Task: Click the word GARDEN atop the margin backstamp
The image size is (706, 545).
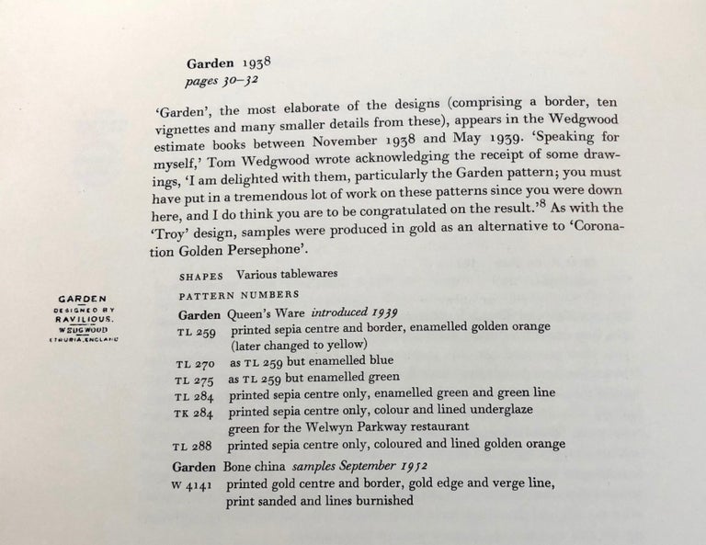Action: coord(84,299)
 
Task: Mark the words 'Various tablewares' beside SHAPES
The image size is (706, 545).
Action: coord(288,275)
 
